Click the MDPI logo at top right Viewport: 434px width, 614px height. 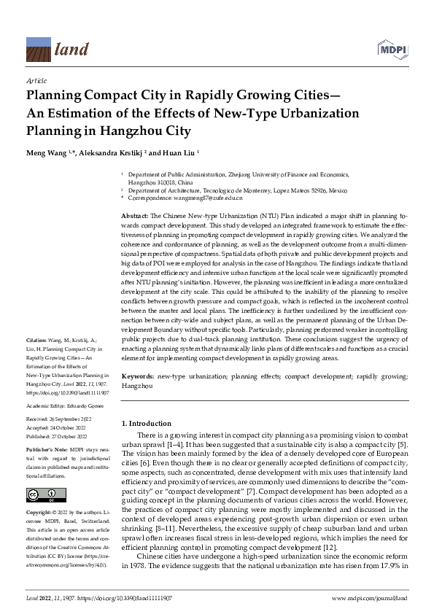click(392, 48)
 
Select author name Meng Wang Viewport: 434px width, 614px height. click(45, 155)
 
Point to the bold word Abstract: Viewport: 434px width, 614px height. click(135, 217)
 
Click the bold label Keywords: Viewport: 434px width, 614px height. click(138, 376)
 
